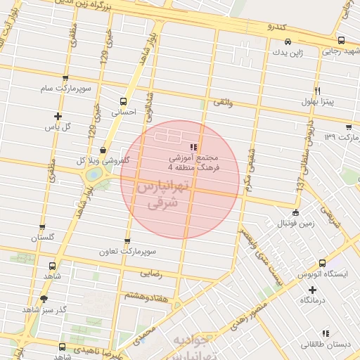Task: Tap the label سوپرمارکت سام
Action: pos(66,89)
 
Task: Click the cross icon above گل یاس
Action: pos(58,116)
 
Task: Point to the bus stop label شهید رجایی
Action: pos(341,51)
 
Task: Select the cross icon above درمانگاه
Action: pos(312,290)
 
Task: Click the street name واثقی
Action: pos(221,103)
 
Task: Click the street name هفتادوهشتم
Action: pos(146,297)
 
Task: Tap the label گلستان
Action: pos(42,238)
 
